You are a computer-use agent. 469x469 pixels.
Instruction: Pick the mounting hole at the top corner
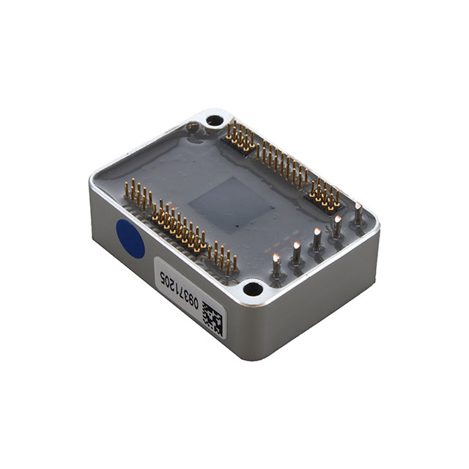(x=213, y=119)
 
